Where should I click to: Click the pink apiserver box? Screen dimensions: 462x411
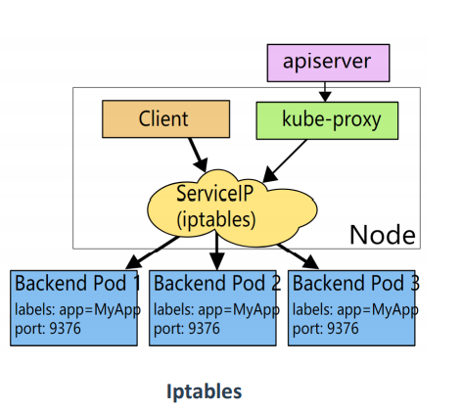pos(328,63)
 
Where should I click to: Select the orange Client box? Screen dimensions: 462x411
pos(165,119)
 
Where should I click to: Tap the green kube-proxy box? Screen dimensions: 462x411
pos(327,120)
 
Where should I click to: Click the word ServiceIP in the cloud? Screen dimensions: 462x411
pos(214,193)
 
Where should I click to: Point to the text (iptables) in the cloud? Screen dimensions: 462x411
pos(216,219)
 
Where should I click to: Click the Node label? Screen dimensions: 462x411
pos(383,235)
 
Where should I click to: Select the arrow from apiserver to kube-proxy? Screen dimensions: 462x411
pos(325,92)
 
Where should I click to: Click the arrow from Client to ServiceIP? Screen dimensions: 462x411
pos(198,155)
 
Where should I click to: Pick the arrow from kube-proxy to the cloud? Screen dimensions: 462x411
pos(285,160)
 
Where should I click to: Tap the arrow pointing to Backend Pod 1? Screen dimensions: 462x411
pos(153,252)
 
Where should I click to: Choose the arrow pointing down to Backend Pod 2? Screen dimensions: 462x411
pos(216,251)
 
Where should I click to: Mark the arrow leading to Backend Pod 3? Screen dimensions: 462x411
pos(298,256)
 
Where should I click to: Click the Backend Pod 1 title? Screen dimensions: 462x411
pos(77,283)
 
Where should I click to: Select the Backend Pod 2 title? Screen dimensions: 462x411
pos(216,283)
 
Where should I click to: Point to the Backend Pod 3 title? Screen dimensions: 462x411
pos(355,283)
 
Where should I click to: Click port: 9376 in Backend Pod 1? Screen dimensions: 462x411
pos(48,329)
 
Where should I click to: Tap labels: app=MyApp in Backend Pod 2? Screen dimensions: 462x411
pos(216,309)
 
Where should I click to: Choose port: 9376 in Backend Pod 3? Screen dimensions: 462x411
pos(326,329)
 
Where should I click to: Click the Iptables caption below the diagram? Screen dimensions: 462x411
pos(205,391)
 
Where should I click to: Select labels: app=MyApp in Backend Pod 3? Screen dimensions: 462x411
pos(355,309)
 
